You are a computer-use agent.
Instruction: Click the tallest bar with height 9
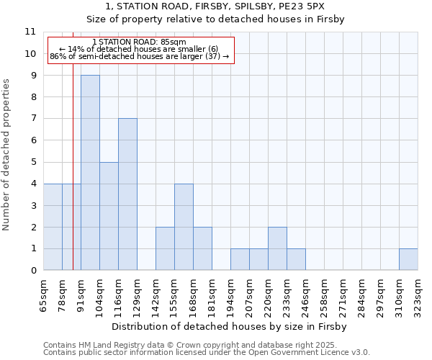90,173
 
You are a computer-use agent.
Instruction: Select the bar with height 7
127,194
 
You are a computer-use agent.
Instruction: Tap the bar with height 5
109,216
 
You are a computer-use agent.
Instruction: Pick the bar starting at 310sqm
408,259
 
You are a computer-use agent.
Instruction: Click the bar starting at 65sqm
53,227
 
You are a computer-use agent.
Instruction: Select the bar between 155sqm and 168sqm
184,227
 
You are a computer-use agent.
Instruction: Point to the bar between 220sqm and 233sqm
277,248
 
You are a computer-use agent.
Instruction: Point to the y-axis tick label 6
32,140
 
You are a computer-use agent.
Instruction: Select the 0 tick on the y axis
32,271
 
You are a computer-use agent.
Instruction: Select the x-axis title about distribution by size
230,326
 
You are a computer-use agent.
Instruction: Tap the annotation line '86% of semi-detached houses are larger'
140,56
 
